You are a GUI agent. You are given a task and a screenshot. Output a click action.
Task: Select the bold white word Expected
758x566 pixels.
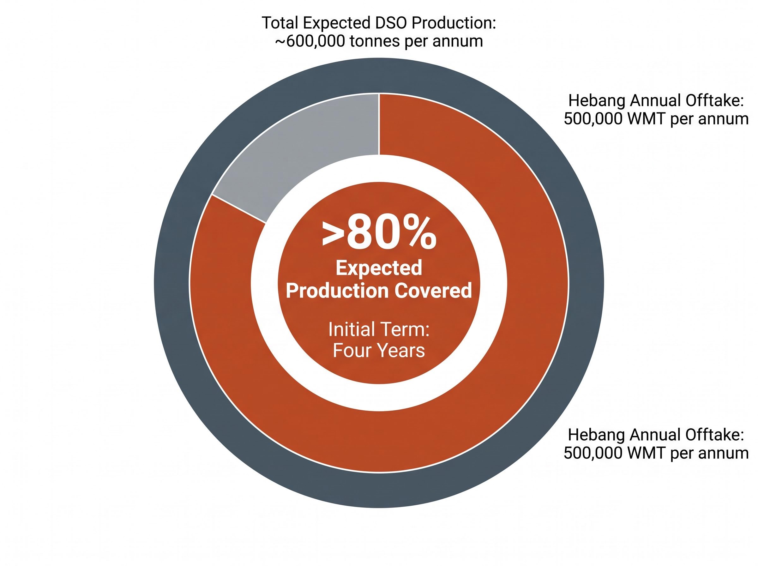379,268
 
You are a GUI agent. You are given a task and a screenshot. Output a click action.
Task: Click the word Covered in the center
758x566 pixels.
433,291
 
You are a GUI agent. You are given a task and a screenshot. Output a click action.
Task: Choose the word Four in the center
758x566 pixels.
353,351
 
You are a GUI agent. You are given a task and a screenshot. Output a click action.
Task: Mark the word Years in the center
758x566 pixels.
401,351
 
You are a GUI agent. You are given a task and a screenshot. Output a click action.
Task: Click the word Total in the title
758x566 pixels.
280,23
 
